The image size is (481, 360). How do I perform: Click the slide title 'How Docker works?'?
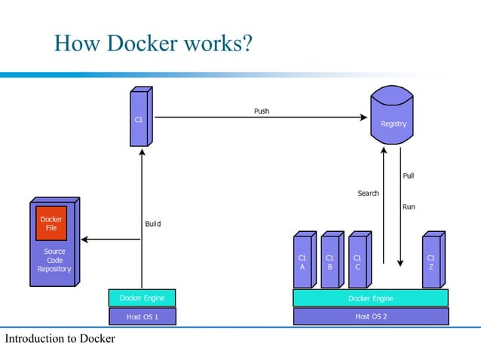(x=152, y=44)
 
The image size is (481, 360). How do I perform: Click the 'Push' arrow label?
(x=261, y=111)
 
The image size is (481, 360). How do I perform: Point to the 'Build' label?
(x=152, y=224)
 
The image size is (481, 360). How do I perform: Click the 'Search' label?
(x=368, y=194)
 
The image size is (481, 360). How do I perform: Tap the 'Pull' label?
(x=408, y=175)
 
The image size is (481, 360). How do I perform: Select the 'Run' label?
(x=408, y=206)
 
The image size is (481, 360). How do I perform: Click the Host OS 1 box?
(x=142, y=316)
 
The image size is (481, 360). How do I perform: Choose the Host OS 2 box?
(x=370, y=316)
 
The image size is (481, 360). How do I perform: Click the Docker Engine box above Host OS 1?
(x=142, y=297)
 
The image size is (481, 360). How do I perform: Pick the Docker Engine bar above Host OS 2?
(x=370, y=298)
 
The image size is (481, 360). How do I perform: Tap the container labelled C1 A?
(x=302, y=261)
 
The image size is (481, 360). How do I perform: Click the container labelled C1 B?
(x=329, y=261)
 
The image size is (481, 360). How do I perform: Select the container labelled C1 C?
(x=357, y=261)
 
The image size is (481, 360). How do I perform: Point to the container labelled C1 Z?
(x=430, y=261)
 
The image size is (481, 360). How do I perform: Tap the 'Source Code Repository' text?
(x=54, y=261)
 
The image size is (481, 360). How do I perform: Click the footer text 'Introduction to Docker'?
(x=60, y=339)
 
